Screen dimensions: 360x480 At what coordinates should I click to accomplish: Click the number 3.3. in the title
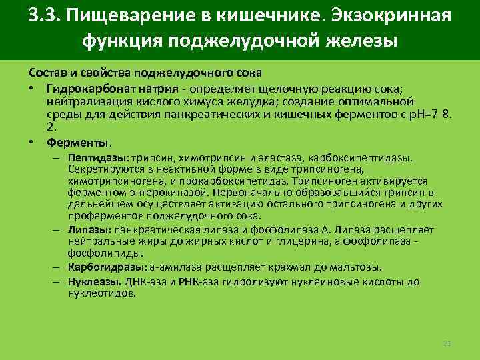pyautogui.click(x=46, y=15)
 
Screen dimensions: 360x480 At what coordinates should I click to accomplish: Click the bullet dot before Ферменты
pyautogui.click(x=32, y=142)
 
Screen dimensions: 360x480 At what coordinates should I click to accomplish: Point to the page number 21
pyautogui.click(x=447, y=343)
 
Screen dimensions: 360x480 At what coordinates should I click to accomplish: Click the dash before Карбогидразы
pyautogui.click(x=59, y=267)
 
